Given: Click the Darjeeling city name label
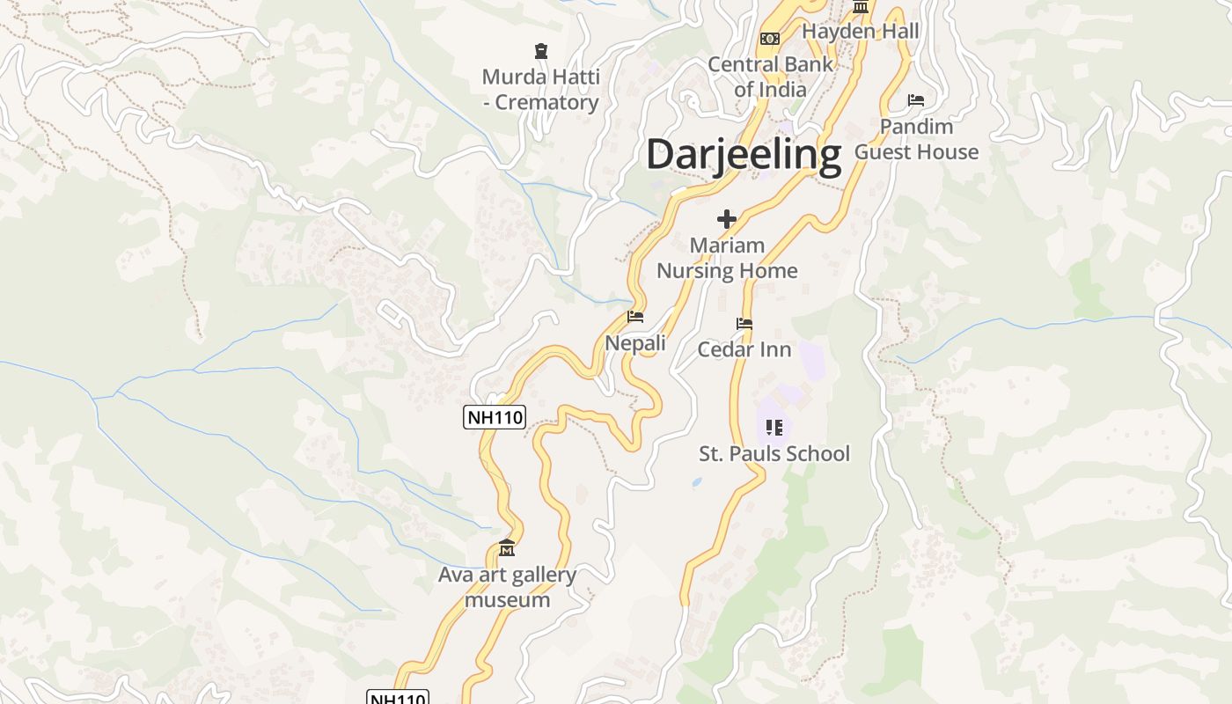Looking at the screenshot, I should tap(744, 154).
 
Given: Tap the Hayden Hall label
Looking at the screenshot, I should tap(860, 32).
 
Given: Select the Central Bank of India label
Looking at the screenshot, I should tap(770, 77).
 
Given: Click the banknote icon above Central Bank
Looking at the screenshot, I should tap(770, 39).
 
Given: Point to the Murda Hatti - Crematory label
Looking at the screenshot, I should tap(541, 90).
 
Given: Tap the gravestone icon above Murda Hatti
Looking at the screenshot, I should tap(540, 51).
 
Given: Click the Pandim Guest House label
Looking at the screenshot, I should tap(916, 139).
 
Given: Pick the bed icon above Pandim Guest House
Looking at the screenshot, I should tap(916, 100).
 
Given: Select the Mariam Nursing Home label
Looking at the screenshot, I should tap(727, 258).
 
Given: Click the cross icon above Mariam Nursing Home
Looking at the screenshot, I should tap(727, 219).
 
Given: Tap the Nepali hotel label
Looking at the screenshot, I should tap(635, 343).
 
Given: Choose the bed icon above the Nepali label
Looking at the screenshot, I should tap(635, 317).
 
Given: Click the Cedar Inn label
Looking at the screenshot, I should tap(744, 349).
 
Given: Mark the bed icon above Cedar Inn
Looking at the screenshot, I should tap(744, 324).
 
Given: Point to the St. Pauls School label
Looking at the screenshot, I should tap(774, 454).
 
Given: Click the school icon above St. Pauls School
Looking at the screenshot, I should tap(774, 428).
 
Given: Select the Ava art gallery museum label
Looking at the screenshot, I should tap(507, 587).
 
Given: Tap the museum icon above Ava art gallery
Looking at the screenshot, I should tap(506, 549).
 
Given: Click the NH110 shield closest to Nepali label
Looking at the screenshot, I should tap(495, 417).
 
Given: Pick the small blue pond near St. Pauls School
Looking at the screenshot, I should tap(697, 482).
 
